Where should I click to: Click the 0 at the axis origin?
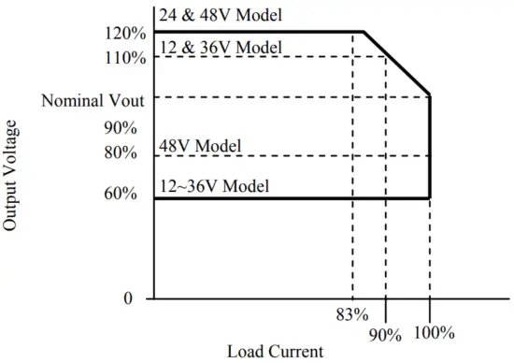click(128, 298)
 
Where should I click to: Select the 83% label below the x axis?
click(352, 313)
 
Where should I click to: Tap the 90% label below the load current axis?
click(383, 333)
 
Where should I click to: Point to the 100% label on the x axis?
click(433, 333)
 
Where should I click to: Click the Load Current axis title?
click(275, 353)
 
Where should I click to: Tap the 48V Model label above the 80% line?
click(200, 146)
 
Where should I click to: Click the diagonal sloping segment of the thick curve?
click(397, 63)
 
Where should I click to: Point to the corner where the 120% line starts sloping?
click(364, 32)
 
